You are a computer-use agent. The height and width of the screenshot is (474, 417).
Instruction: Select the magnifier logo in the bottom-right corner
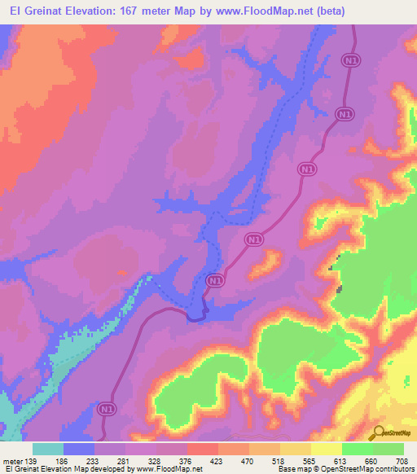[x=380, y=432]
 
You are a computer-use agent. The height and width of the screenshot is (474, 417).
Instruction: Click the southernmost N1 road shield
[x=104, y=407]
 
